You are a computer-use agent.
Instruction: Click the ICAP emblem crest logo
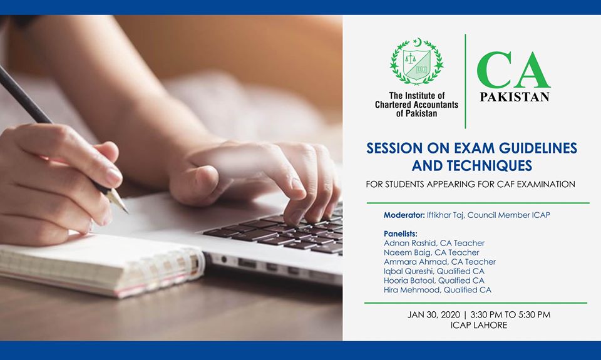pos(416,61)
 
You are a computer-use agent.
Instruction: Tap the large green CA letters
pos(513,71)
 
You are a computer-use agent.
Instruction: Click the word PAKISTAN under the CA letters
pos(514,97)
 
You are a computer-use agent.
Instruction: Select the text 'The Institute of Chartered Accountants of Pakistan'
pos(416,105)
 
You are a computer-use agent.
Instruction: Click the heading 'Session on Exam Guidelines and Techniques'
pos(471,157)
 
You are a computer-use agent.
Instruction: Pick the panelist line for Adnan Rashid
pos(434,243)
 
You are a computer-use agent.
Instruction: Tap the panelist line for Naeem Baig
pos(431,252)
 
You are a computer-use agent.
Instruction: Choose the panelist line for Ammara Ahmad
pos(439,262)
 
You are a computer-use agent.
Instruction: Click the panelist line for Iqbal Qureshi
pos(434,271)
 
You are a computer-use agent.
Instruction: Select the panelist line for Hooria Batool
pos(434,280)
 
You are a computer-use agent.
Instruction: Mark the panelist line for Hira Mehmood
pos(437,290)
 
